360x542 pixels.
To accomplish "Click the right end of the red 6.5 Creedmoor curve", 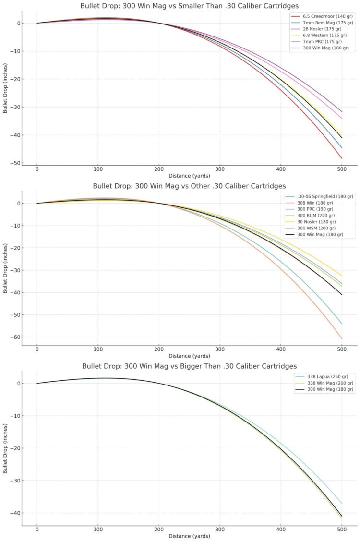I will click(342, 158).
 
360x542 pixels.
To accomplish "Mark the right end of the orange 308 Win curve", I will click(342, 339).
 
